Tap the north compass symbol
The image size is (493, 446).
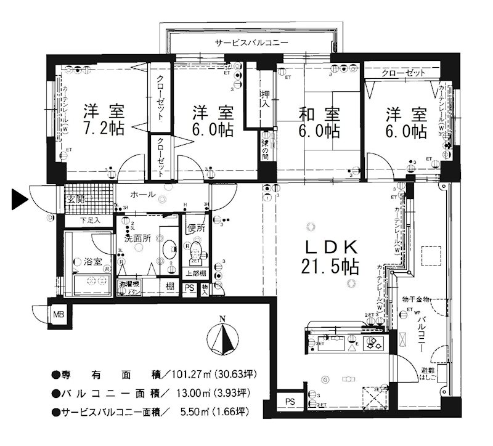point(224,336)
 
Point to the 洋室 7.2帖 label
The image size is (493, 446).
point(104,121)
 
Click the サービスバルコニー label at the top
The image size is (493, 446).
point(251,43)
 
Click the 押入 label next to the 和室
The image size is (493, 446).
point(264,98)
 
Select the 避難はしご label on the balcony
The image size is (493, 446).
point(428,375)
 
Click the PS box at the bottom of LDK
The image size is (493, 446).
point(289,401)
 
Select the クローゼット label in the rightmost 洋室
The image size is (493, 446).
point(404,73)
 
